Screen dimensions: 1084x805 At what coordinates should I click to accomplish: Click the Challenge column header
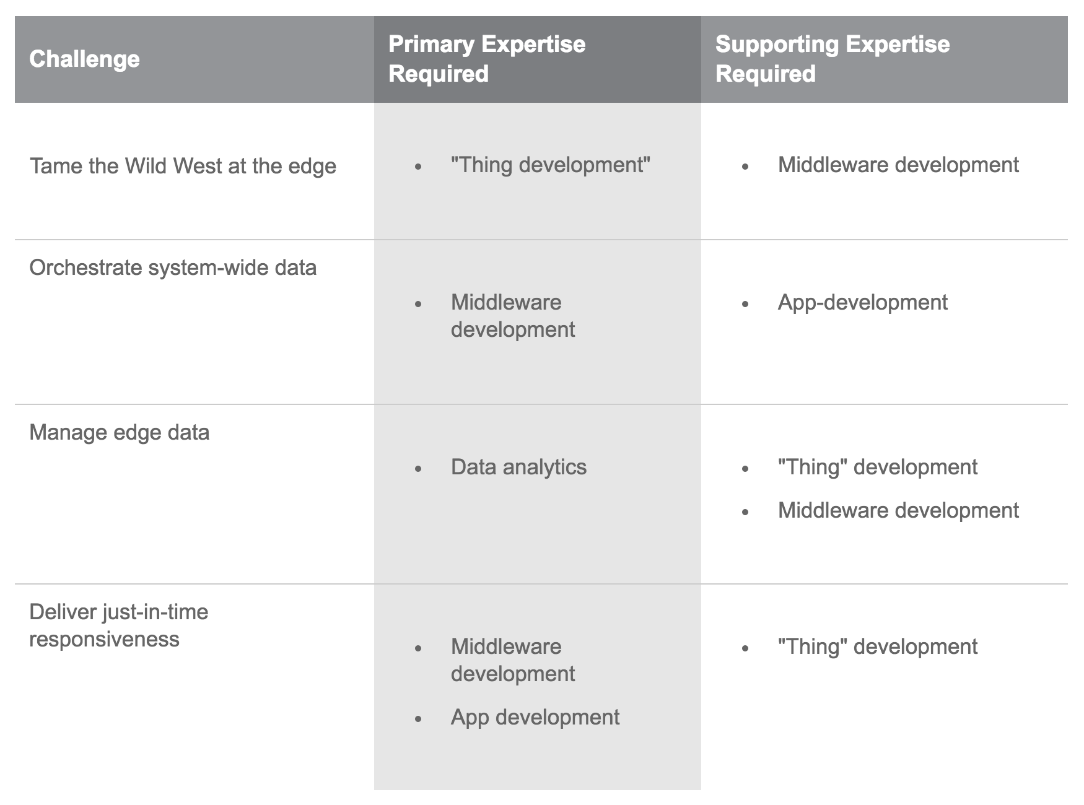(x=84, y=59)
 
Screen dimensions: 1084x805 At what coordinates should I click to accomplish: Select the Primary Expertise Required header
(x=487, y=59)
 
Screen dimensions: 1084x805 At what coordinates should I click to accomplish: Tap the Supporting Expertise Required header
(x=833, y=59)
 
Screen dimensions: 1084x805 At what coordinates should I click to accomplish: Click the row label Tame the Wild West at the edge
(x=183, y=166)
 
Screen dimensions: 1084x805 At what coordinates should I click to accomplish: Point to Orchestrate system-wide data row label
(x=173, y=268)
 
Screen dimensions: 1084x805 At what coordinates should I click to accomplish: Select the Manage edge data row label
(x=120, y=432)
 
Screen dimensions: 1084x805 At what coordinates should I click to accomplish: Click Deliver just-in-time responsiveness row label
(x=119, y=625)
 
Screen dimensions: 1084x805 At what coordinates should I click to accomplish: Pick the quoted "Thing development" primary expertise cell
(x=551, y=165)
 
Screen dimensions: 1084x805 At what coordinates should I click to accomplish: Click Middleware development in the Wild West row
(x=898, y=165)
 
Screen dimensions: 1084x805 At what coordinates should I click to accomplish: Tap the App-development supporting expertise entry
(x=863, y=302)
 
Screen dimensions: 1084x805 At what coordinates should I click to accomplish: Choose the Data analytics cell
(x=518, y=467)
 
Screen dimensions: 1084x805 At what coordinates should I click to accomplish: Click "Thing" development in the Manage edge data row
(x=878, y=467)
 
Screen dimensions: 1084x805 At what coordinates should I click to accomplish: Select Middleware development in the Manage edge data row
(x=898, y=510)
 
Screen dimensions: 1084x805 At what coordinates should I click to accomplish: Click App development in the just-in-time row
(x=535, y=717)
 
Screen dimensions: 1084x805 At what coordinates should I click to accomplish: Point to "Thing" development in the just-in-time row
(x=878, y=646)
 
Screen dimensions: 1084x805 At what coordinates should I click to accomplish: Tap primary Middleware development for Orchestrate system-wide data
(x=513, y=316)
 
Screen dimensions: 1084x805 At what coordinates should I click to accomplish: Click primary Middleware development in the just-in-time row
(x=513, y=660)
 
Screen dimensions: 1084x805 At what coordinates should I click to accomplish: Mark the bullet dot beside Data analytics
(x=419, y=469)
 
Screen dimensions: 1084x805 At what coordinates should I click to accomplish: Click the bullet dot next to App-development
(x=745, y=304)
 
